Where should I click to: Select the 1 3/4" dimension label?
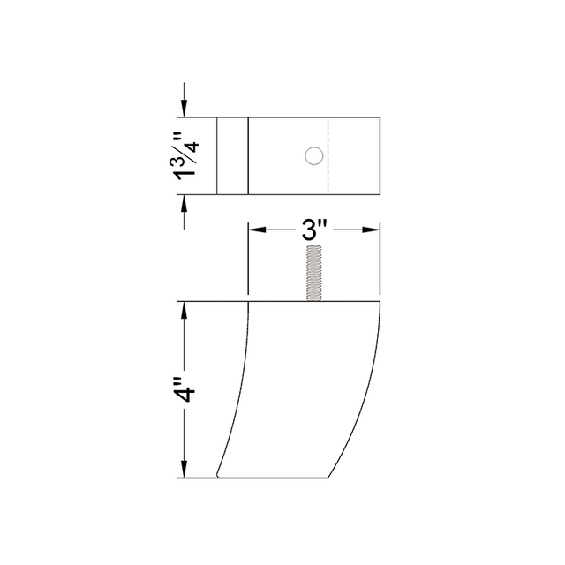point(183,156)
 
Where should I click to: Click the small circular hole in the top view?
point(312,156)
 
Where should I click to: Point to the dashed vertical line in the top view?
point(328,156)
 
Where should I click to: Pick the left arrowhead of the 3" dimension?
point(254,230)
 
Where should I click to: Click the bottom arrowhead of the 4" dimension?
point(184,471)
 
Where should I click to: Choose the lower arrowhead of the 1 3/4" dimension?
point(184,204)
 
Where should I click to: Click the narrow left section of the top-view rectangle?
point(232,156)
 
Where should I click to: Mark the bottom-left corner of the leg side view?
point(218,477)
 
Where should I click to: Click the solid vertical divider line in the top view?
point(248,156)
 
